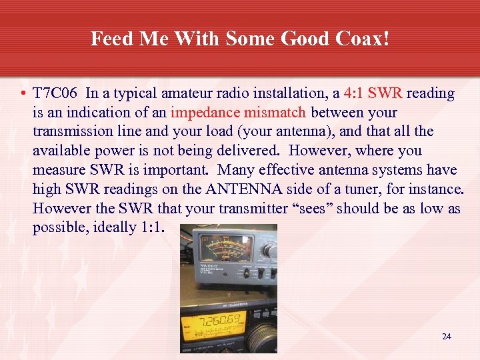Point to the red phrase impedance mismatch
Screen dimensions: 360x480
coord(238,113)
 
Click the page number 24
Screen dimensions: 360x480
coord(446,337)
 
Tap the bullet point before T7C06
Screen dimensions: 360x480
coord(24,94)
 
